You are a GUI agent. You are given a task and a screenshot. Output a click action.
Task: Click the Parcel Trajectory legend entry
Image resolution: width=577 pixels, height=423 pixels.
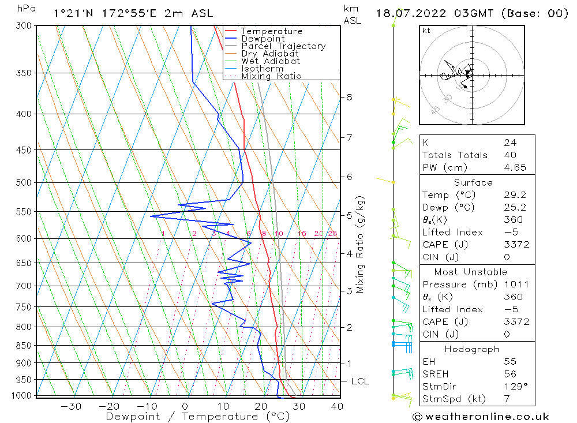pyautogui.click(x=283, y=46)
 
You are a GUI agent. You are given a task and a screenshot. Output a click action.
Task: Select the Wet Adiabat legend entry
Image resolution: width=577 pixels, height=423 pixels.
pyautogui.click(x=271, y=61)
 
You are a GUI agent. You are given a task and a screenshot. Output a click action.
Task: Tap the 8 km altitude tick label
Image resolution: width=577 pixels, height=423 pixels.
pyautogui.click(x=349, y=97)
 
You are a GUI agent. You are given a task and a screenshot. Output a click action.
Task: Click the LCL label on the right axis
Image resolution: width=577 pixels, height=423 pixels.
pyautogui.click(x=359, y=381)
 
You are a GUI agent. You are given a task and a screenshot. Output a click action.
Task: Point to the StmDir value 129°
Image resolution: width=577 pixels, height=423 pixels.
pyautogui.click(x=513, y=386)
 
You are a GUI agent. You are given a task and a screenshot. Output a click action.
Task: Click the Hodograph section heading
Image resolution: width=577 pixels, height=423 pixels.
pyautogui.click(x=471, y=349)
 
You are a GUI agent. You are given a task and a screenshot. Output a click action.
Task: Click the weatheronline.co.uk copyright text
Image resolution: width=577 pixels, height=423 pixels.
pyautogui.click(x=481, y=417)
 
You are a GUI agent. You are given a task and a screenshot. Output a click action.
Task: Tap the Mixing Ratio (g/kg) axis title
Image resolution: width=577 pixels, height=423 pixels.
pyautogui.click(x=360, y=244)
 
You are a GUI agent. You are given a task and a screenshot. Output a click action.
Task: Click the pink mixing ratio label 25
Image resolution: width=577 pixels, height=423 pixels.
pyautogui.click(x=332, y=233)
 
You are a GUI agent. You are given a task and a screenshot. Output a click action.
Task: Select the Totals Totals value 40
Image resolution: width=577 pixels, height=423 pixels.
pyautogui.click(x=509, y=155)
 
